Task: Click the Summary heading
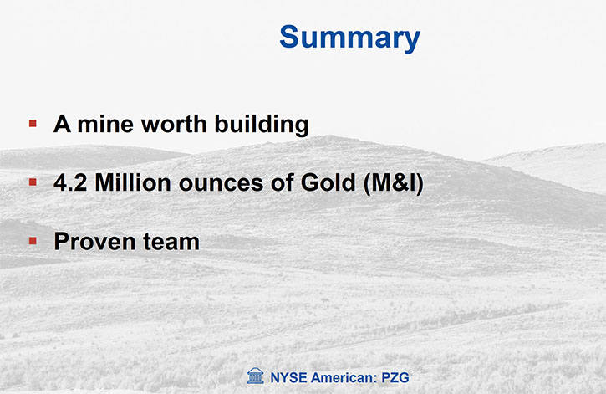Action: (x=349, y=38)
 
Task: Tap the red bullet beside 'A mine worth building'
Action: (x=33, y=123)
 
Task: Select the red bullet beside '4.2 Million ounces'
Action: (x=33, y=182)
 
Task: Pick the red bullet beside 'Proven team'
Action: (x=33, y=241)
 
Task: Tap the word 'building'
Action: (x=262, y=125)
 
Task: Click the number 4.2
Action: (x=70, y=182)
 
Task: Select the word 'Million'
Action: (x=133, y=182)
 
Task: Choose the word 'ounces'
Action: (x=221, y=184)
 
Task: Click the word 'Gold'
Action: (x=328, y=182)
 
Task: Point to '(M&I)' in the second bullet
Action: (x=394, y=183)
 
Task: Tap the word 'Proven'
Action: (x=94, y=241)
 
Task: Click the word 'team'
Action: (x=171, y=242)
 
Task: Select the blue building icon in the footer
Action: (x=256, y=376)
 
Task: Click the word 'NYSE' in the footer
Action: (x=288, y=377)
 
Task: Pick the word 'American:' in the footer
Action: (x=344, y=377)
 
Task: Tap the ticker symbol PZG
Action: (x=395, y=377)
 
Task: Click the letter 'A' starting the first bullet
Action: (x=62, y=124)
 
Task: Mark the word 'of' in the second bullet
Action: (x=282, y=182)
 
